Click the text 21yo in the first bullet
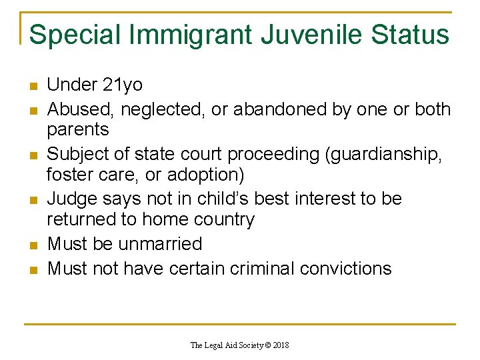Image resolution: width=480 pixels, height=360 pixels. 123,85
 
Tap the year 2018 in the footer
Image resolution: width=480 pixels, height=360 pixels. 279,345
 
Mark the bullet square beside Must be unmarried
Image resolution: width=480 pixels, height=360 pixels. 33,245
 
